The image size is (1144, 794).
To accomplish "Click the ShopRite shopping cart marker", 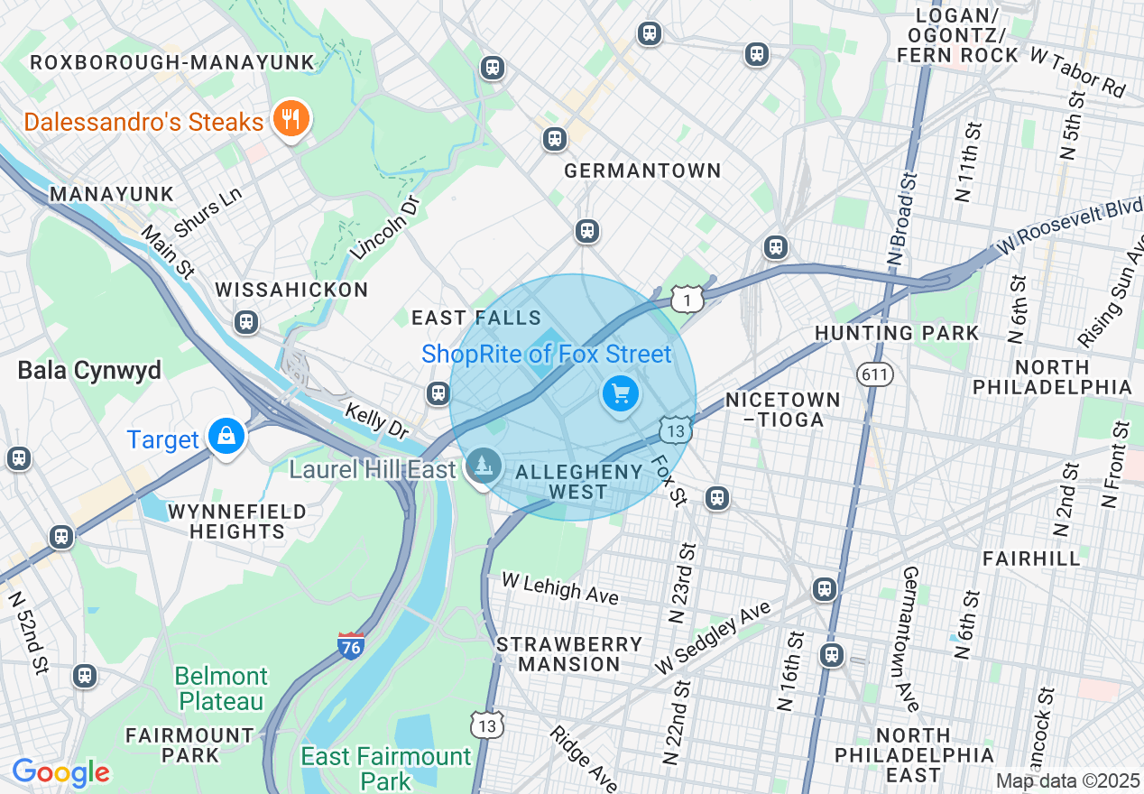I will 620,394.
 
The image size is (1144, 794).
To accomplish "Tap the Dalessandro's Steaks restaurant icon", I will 291,119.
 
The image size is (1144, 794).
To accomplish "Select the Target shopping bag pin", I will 226,437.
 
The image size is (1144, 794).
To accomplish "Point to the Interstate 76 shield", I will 351,646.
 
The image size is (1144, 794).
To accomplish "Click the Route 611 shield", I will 876,374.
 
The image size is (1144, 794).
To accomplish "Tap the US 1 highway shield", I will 687,299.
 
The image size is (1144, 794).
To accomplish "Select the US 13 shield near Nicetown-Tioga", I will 676,429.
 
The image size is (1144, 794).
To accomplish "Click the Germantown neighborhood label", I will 642,171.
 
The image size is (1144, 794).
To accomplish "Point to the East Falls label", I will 475,318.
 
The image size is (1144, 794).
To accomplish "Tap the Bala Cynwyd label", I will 89,371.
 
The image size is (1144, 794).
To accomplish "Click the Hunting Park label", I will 896,333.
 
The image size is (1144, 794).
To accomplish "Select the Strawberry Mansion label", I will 569,654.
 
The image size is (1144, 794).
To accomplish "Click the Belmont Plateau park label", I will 221,688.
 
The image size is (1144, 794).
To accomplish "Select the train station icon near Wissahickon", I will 245,322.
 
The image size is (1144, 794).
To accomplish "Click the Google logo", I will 60,772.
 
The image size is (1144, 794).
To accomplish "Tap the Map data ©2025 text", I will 1067,780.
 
